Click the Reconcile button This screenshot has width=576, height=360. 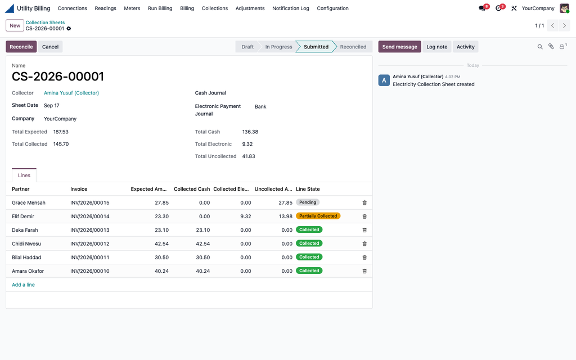(x=21, y=47)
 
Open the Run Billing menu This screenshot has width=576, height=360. (x=160, y=8)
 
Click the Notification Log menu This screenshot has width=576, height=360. (x=291, y=8)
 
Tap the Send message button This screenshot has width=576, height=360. (x=400, y=47)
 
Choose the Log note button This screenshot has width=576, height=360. (x=436, y=47)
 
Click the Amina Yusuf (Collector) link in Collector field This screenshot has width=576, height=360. (x=71, y=93)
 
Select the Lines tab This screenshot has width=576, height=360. (x=24, y=175)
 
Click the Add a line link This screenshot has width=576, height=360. (x=23, y=285)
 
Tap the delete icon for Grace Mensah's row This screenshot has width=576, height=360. (x=364, y=202)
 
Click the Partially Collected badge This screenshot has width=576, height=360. (x=318, y=216)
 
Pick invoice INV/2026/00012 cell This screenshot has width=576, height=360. (x=90, y=244)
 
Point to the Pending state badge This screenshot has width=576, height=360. (x=308, y=202)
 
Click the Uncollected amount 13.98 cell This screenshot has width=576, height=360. (x=285, y=217)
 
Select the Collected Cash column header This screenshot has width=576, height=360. (x=192, y=189)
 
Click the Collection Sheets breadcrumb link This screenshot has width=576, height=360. (x=45, y=22)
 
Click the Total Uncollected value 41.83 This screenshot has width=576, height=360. (x=249, y=156)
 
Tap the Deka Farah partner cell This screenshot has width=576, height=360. (x=25, y=230)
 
